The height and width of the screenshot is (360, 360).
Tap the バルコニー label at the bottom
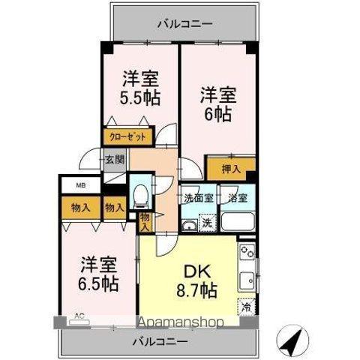pyautogui.click(x=161, y=341)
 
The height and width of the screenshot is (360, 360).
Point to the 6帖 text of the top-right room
pyautogui.click(x=217, y=115)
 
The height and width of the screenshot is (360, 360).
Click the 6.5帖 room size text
pyautogui.click(x=99, y=283)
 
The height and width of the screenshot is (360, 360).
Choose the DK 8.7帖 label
pyautogui.click(x=196, y=280)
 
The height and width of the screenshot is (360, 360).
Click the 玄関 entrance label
pyautogui.click(x=115, y=159)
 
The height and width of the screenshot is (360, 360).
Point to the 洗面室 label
pyautogui.click(x=199, y=199)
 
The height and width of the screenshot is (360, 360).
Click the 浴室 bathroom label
pyautogui.click(x=238, y=199)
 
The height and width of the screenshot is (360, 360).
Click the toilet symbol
pyautogui.click(x=139, y=196)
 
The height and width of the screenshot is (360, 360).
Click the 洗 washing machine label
pyautogui.click(x=207, y=222)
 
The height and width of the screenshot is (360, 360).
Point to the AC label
pyautogui.click(x=79, y=316)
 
